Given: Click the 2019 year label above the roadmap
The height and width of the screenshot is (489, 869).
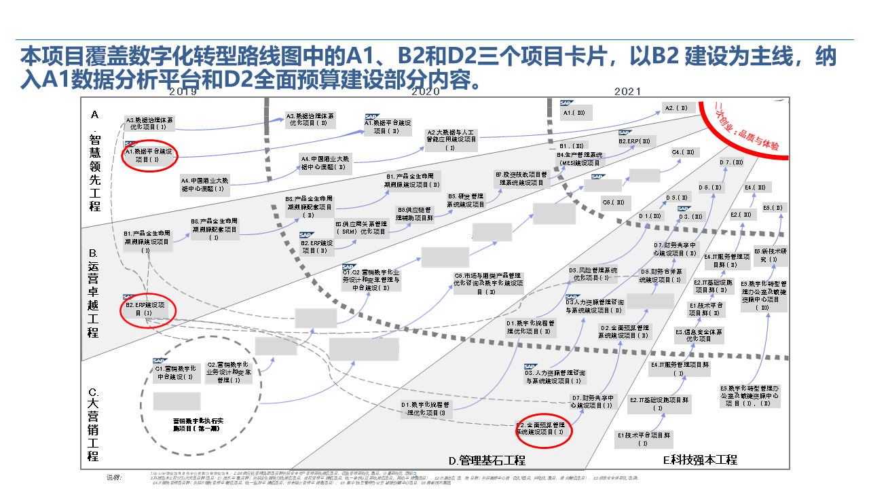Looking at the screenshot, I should pos(183,92).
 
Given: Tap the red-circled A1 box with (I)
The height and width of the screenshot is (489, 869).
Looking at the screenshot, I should pos(149,156).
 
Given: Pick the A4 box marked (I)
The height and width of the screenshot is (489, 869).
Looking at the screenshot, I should pos(205,185).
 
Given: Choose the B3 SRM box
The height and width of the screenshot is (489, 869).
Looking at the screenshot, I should pos(360,228).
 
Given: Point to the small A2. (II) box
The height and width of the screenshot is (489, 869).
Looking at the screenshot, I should pos(676,108).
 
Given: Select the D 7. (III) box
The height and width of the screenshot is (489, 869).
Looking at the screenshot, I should pos(733,163).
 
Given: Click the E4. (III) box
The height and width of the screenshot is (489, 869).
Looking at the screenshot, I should pos(756,187).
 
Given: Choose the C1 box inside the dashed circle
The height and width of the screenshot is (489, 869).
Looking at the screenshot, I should pos(176,372).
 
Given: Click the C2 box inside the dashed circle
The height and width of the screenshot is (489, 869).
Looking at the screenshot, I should pos(229,372).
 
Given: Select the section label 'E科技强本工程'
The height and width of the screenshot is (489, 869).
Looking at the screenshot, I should pos(700,460).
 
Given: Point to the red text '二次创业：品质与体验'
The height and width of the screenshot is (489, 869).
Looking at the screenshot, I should pos(747,126).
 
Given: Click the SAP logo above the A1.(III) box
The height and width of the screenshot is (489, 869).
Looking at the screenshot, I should pos(568,103).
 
